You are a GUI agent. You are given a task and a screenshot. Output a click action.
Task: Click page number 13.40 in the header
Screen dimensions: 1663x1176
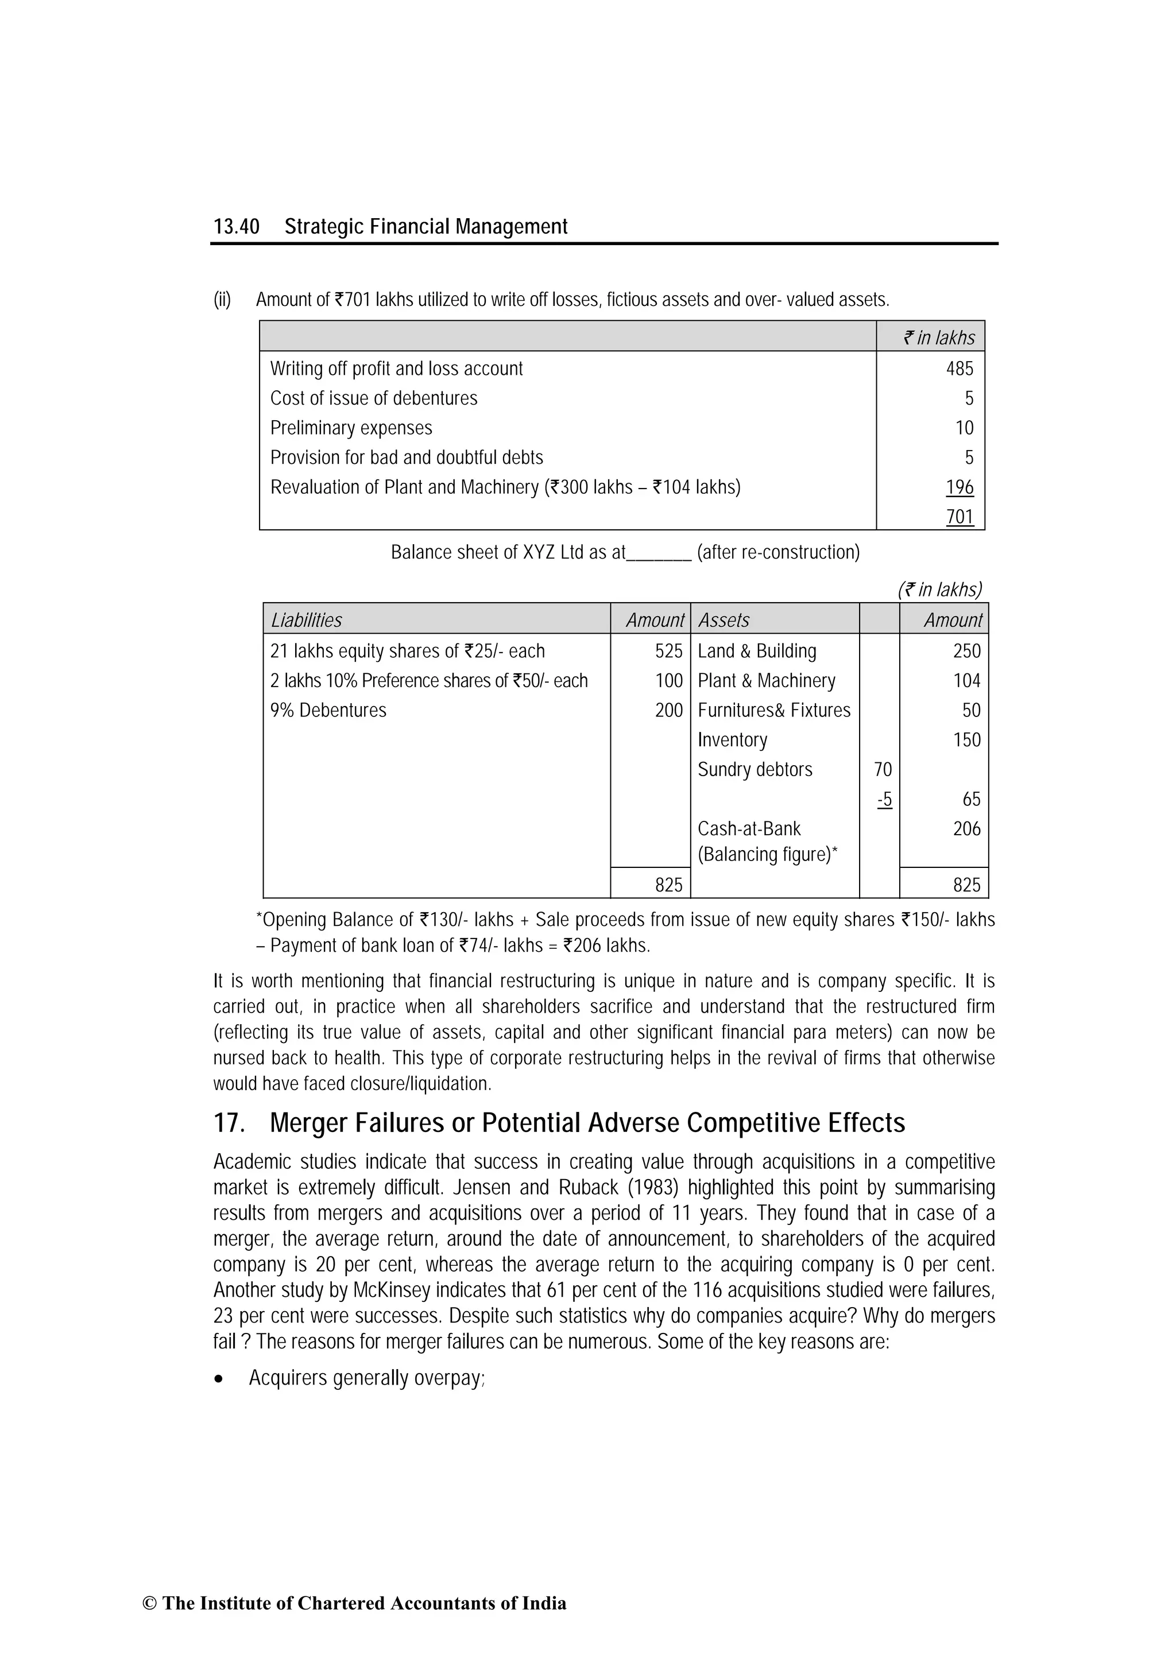tap(236, 227)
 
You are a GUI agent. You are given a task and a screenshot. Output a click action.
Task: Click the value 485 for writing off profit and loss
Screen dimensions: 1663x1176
tap(960, 369)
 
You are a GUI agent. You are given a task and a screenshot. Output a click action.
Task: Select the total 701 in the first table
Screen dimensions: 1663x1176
tap(960, 517)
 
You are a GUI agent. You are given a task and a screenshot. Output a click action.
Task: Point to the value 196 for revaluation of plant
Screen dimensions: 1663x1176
tap(960, 487)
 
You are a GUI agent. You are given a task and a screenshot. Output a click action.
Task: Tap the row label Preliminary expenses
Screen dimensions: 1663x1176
tap(351, 428)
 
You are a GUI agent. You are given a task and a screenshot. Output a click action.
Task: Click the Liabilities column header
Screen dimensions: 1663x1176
tap(306, 620)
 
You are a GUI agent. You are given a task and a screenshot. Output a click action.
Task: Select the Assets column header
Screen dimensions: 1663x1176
tap(723, 620)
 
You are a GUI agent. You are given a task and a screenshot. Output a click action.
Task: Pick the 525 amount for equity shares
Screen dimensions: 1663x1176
tap(668, 651)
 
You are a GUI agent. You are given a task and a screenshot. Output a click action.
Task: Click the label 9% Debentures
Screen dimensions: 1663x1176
tap(328, 711)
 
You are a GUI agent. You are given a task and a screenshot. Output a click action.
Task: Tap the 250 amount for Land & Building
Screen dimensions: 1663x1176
tap(966, 651)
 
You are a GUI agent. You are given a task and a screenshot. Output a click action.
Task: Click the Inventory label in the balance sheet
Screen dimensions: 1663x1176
tap(732, 741)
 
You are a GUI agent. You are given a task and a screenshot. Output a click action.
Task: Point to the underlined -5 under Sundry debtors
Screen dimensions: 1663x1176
tap(884, 800)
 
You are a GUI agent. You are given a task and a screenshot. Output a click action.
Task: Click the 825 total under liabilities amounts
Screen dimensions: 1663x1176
tap(668, 885)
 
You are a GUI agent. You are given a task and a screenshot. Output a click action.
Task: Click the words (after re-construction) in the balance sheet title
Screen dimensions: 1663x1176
tap(778, 553)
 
